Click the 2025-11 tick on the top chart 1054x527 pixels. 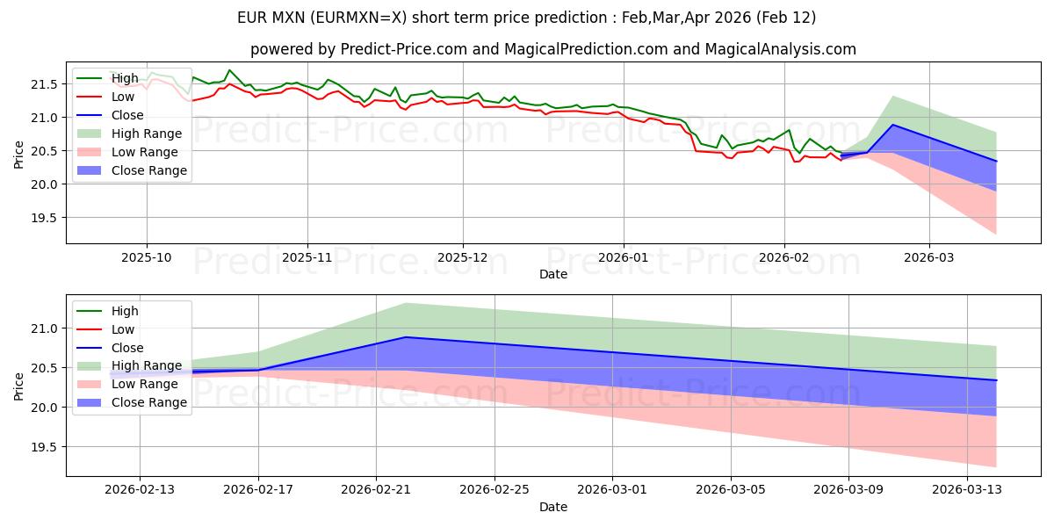click(x=307, y=257)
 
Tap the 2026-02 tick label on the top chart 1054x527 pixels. click(x=784, y=257)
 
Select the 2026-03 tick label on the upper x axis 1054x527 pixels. click(x=929, y=257)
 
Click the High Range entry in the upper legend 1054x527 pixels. click(x=146, y=134)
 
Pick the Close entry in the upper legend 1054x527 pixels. click(x=128, y=115)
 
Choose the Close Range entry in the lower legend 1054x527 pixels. click(x=148, y=402)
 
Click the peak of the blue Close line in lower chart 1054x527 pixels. click(x=406, y=337)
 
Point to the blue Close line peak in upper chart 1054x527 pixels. click(x=893, y=125)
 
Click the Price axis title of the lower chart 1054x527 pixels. click(x=19, y=385)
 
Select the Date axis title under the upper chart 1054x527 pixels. click(x=553, y=274)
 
